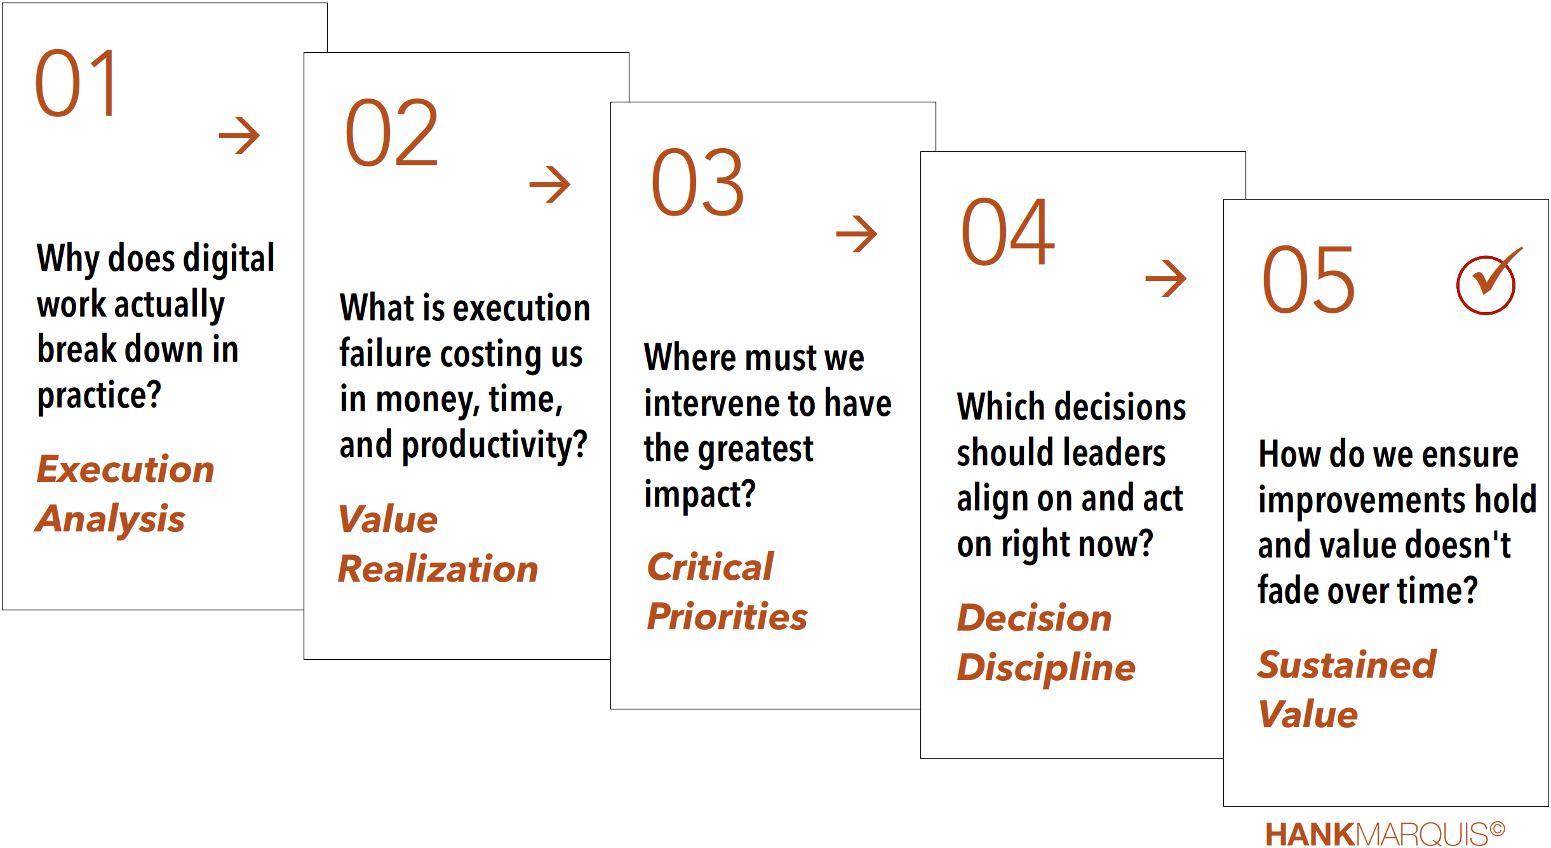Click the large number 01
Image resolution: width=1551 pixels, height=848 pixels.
[x=76, y=83]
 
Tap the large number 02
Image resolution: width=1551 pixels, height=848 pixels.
[x=391, y=133]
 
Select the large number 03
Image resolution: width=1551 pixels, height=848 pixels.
[x=697, y=182]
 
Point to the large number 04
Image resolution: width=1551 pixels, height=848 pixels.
[x=1008, y=232]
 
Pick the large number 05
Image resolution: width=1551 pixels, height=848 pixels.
[x=1308, y=280]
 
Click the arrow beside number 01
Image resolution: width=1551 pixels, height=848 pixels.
[x=239, y=135]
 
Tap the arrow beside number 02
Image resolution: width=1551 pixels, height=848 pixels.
[x=550, y=184]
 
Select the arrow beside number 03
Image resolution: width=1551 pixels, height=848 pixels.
[x=857, y=233]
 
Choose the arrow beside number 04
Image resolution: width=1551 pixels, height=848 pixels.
[x=1166, y=278]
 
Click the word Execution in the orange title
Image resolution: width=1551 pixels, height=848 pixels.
[x=126, y=469]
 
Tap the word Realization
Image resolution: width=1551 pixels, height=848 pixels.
[x=438, y=568]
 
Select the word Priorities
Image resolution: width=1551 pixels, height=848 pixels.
[x=727, y=617]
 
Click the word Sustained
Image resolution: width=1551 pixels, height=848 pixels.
[x=1346, y=665]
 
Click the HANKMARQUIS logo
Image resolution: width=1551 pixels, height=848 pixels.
[x=1385, y=834]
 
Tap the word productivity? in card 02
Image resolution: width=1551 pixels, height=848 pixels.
[x=495, y=446]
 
